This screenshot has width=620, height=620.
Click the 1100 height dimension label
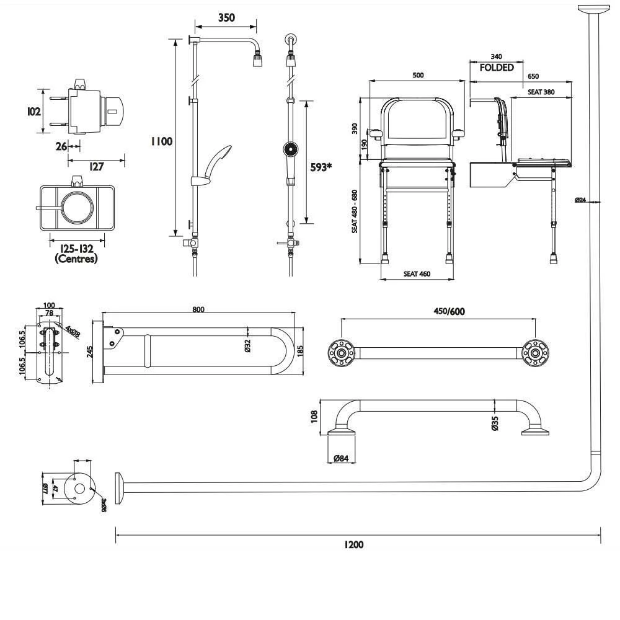(x=161, y=141)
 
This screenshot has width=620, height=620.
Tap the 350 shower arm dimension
(x=226, y=17)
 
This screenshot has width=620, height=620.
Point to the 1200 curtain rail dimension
(x=354, y=544)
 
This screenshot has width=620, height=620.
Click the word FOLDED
(x=497, y=68)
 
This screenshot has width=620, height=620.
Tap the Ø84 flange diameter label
(x=340, y=458)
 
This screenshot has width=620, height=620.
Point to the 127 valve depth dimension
(x=96, y=167)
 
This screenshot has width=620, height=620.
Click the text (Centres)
(x=76, y=259)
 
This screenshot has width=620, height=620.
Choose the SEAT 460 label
(x=417, y=273)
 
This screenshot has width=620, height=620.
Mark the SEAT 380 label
(x=541, y=92)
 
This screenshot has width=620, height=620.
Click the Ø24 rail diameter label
(x=581, y=200)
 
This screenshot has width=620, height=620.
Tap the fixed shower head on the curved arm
(x=256, y=60)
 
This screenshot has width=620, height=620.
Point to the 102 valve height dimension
(x=35, y=112)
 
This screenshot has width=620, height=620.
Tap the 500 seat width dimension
(x=418, y=75)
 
